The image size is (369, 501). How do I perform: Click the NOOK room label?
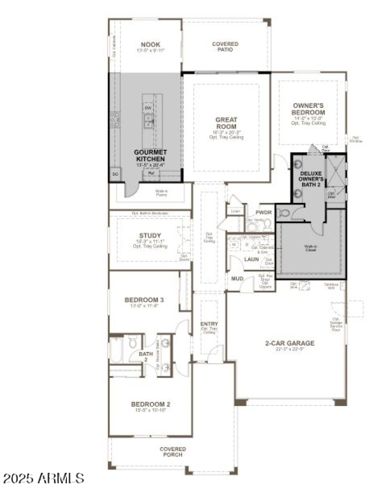150,45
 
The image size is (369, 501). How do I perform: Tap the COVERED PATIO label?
225,47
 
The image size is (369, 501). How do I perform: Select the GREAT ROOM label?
226,123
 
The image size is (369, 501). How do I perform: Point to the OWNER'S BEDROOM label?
309,109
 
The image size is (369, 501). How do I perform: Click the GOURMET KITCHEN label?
150,155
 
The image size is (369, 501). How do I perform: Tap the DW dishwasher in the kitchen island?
148,108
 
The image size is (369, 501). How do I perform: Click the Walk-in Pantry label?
161,192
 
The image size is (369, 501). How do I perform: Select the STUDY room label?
150,235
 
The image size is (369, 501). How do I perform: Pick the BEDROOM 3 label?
144,300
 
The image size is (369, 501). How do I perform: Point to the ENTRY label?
209,324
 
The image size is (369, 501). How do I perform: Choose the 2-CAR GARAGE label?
290,343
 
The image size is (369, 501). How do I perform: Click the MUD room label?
238,279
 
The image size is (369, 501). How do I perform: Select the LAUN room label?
251,259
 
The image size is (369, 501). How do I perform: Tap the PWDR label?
263,213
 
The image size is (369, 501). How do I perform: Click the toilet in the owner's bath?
285,213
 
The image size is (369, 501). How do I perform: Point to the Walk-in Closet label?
311,247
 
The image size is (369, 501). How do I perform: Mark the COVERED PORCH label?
173,452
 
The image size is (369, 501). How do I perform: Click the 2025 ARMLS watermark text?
42,477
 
